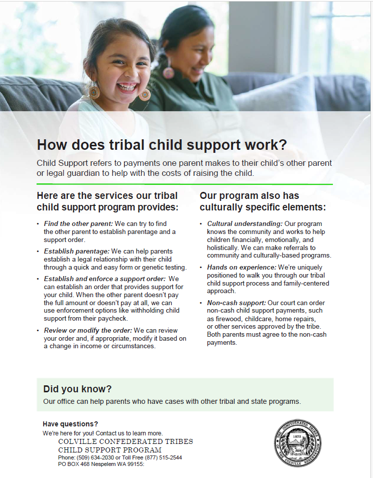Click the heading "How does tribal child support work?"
click(162, 145)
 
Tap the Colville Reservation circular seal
click(298, 443)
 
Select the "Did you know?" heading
click(77, 389)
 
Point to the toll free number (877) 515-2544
click(163, 457)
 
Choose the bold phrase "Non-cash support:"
click(237, 303)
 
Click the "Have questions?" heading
click(70, 424)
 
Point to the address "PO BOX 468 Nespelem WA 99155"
click(100, 464)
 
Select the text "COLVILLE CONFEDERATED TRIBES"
click(126, 442)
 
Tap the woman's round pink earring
click(169, 72)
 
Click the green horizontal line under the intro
click(185, 184)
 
